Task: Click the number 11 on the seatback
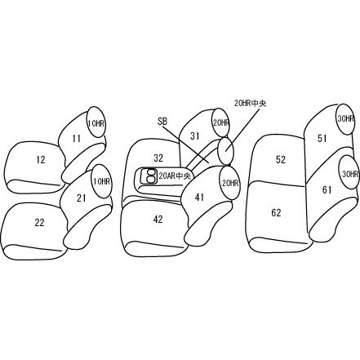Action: (77, 139)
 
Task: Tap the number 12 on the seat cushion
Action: (41, 160)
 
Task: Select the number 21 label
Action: (82, 198)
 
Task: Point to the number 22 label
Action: (39, 223)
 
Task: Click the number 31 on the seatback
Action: (195, 136)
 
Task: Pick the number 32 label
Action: (158, 158)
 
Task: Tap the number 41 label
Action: (199, 198)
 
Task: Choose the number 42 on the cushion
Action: (158, 220)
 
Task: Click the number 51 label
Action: (322, 139)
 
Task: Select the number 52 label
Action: (281, 159)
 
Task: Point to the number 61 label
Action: (327, 189)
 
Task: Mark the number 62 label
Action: (276, 212)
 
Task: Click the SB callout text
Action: (162, 122)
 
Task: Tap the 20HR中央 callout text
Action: (251, 104)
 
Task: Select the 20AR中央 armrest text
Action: (175, 176)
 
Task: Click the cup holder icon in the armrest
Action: (149, 176)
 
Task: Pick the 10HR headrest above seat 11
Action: (96, 122)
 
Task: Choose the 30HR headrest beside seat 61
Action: (349, 172)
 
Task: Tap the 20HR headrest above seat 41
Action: (230, 183)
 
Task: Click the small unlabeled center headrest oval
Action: (225, 151)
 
